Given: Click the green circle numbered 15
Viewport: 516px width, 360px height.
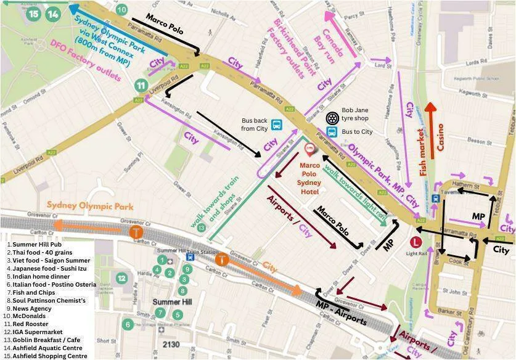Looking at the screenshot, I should [33, 14].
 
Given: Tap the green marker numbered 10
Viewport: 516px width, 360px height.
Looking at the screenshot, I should [121, 9].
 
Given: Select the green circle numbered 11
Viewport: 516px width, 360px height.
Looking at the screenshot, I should [142, 86].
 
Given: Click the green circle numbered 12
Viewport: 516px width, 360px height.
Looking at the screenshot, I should [122, 278].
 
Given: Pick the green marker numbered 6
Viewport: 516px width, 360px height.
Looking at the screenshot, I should [128, 324].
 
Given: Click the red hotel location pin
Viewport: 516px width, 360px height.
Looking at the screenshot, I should [309, 149].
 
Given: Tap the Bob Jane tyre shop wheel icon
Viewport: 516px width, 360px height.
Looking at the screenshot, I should [332, 117].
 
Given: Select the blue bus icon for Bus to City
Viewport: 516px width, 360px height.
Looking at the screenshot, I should [332, 132].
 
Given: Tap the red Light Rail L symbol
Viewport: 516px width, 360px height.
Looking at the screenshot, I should [416, 242].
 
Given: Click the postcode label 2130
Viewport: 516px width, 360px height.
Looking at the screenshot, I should [172, 343].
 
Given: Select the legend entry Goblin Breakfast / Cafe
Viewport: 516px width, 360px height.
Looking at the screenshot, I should [41, 340].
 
